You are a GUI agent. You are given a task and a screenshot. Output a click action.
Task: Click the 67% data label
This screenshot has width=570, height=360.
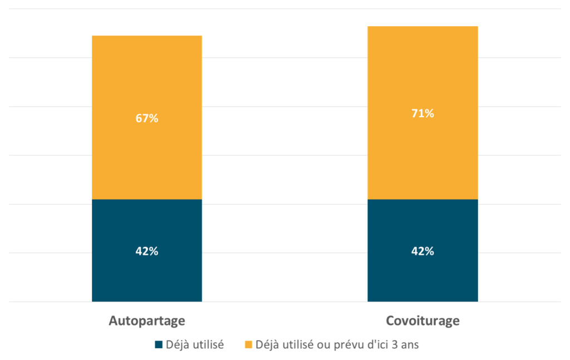tap(147, 119)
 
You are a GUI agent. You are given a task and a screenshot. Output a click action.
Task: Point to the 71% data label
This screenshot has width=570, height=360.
tap(422, 114)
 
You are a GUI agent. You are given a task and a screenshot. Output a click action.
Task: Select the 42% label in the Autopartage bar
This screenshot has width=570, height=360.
tap(147, 251)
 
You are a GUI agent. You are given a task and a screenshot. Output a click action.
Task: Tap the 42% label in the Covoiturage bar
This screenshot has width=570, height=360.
tap(422, 251)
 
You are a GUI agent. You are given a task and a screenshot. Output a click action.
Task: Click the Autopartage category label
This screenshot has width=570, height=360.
tap(147, 321)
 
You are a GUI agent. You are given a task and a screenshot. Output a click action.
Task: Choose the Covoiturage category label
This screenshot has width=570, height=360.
tap(422, 321)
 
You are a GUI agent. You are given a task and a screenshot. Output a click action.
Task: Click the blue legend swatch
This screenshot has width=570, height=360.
tap(159, 345)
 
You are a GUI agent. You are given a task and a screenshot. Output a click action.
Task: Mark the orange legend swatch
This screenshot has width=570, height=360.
tap(248, 345)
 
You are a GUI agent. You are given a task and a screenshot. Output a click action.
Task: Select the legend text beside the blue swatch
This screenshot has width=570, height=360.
tap(195, 345)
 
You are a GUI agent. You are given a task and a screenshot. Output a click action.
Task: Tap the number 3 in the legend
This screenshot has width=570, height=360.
tap(395, 345)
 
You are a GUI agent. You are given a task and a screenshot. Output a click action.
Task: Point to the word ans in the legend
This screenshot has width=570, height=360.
tap(409, 345)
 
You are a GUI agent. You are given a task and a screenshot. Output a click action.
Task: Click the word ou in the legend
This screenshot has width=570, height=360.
tap(323, 345)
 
